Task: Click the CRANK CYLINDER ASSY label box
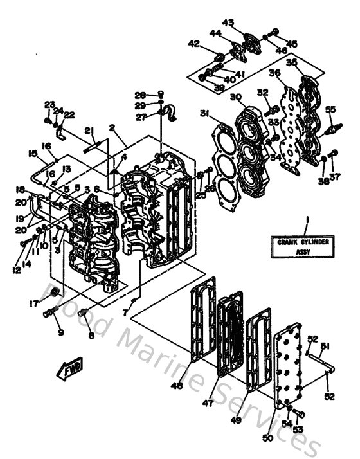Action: tap(305, 247)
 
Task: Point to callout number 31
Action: tap(204, 114)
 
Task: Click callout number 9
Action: tap(60, 332)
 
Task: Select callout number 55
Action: tap(331, 109)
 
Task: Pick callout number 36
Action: tap(274, 73)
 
